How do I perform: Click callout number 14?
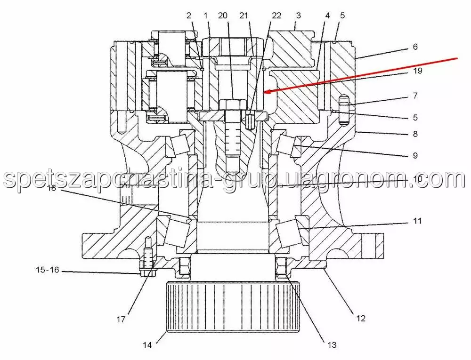(147, 345)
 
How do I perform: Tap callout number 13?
(332, 345)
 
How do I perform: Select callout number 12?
(360, 318)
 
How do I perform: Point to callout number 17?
(121, 320)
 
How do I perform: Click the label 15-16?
(48, 270)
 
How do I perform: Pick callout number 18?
(52, 188)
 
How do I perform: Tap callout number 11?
(417, 221)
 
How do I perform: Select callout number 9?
(415, 155)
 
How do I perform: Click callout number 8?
(415, 134)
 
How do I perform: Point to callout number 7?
(415, 96)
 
